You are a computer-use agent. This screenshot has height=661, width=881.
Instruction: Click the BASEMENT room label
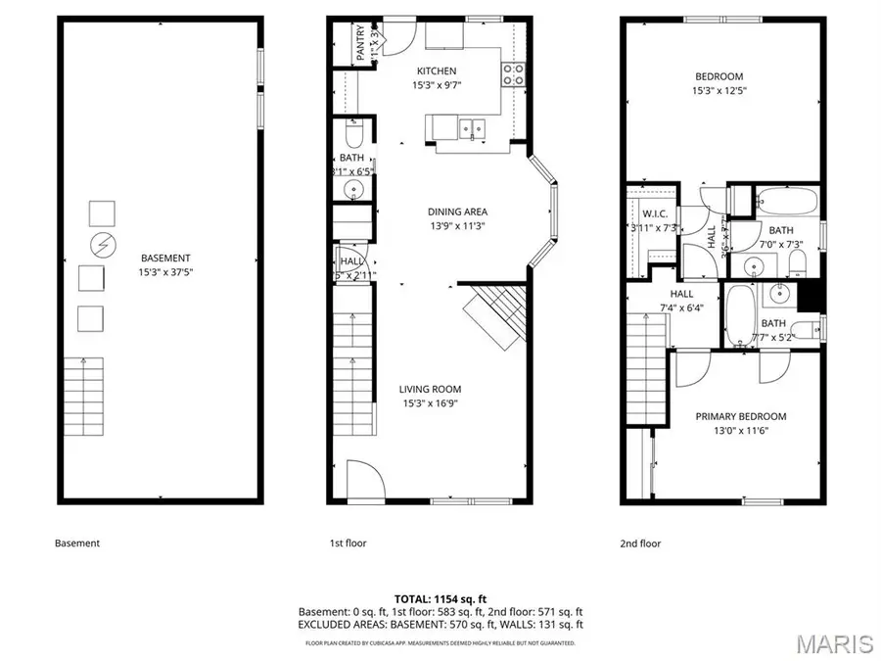point(163,258)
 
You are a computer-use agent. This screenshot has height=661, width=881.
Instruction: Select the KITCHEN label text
point(437,71)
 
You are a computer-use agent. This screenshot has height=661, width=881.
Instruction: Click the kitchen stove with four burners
point(513,73)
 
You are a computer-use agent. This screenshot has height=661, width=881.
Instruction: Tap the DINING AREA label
point(457,212)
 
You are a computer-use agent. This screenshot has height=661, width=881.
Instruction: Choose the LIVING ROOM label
point(431,389)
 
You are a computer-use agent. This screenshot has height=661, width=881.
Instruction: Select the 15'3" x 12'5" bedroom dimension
point(719,91)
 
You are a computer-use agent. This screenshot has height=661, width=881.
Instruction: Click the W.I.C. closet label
point(653,214)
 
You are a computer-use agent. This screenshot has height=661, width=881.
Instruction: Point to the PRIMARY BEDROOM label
point(741,416)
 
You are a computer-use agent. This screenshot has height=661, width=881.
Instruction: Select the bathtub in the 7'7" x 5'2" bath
point(739,315)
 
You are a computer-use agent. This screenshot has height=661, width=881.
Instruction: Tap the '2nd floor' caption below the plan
point(640,543)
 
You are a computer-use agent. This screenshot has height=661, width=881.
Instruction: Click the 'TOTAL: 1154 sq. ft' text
point(440,597)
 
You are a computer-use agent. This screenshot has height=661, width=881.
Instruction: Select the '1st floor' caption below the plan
point(348,543)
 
